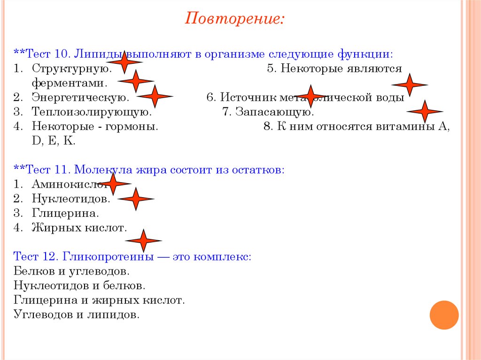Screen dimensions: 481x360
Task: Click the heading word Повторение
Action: [x=234, y=19]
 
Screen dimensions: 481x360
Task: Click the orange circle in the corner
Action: [x=444, y=315]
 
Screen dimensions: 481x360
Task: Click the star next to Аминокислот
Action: [x=113, y=184]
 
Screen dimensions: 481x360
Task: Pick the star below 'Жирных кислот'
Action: [x=143, y=241]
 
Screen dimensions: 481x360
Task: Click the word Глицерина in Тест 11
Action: [x=65, y=213]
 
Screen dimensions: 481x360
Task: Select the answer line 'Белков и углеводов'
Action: [x=71, y=271]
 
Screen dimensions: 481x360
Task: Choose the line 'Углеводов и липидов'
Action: [x=77, y=314]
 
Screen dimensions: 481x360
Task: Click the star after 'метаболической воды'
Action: [x=425, y=111]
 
